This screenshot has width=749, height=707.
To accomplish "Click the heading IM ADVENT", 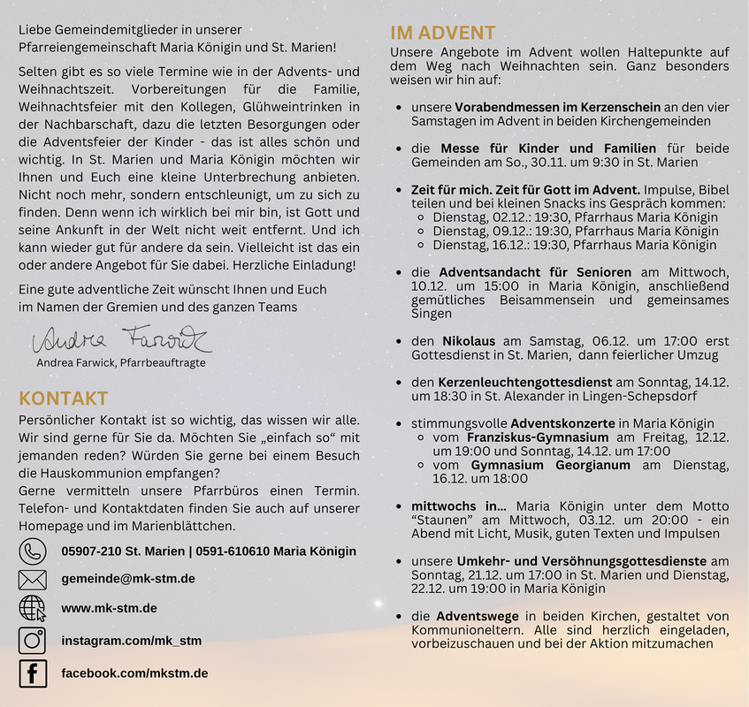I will coord(442,34).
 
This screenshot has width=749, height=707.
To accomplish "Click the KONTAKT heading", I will coord(64,399).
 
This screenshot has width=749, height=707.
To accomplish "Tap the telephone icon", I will coord(33,551).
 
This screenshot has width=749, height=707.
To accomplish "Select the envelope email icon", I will coord(33,580).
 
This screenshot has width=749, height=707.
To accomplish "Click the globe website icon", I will coord(33,609).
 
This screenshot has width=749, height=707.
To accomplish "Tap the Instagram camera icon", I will coord(33,641).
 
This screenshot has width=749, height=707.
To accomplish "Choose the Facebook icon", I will coord(33,673).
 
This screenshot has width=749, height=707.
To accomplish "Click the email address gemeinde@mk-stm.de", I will coord(127,579).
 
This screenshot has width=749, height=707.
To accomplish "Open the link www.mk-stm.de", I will coord(109,608).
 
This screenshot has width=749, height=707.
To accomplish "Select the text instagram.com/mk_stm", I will coord(131,641).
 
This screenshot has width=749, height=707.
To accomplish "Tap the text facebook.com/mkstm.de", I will coord(134,673).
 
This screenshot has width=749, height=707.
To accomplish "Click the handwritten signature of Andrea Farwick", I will coord(121,339).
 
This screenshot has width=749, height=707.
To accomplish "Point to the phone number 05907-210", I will coord(91,551).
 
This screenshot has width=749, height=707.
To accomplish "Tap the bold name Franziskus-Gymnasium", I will coord(537,437).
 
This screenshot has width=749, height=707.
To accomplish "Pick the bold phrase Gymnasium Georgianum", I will coord(551,465).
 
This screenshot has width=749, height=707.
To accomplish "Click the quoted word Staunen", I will coord(439,521).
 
